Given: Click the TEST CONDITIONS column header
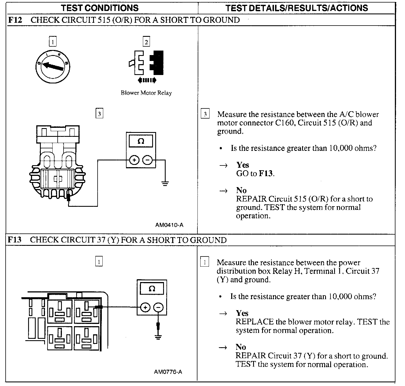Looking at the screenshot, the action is [100, 8].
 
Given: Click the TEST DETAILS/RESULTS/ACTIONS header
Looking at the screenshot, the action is [297, 8].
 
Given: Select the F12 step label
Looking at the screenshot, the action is [15, 20].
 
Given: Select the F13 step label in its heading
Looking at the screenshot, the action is [14, 240].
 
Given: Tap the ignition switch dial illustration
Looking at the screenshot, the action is [53, 67].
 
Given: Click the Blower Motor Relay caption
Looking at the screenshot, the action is [146, 93].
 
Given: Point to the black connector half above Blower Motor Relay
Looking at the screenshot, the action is [157, 63].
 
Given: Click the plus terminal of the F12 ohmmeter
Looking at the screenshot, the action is [134, 160].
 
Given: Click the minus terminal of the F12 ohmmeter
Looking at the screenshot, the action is [147, 160].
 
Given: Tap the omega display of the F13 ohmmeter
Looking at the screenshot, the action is [152, 289].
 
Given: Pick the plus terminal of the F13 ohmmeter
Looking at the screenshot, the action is [145, 308].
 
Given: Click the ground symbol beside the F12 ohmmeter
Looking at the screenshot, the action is [165, 183].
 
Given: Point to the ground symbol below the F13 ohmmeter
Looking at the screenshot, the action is [158, 337].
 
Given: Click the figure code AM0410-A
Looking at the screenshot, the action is [169, 225].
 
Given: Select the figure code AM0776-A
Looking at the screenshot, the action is [168, 372].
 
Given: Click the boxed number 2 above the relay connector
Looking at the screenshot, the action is [146, 42].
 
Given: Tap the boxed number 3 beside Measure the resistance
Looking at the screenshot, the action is [205, 113].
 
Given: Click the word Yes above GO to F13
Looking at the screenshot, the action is [243, 165].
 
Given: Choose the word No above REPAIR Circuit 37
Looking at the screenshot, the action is [241, 347].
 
